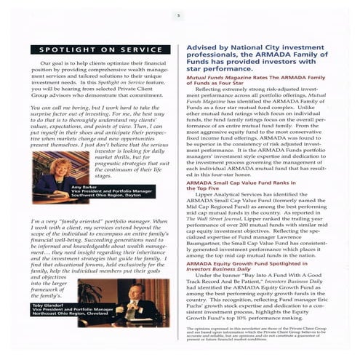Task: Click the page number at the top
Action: coord(179,15)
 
